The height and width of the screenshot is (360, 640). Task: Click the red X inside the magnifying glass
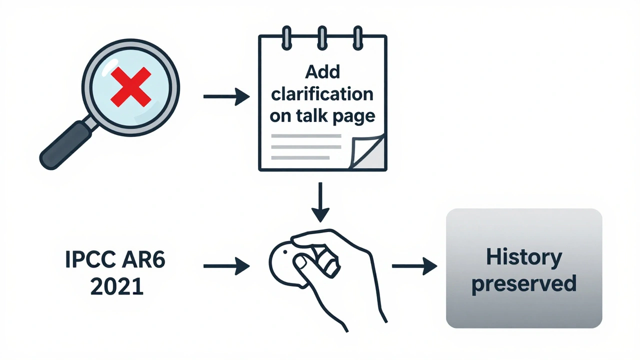pyautogui.click(x=130, y=87)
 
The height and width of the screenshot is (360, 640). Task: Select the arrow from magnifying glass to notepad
pyautogui.click(x=226, y=96)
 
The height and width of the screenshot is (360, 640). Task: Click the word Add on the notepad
pyautogui.click(x=322, y=72)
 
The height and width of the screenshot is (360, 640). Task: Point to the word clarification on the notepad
pyautogui.click(x=322, y=93)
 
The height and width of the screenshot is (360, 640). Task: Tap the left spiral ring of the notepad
pyautogui.click(x=287, y=36)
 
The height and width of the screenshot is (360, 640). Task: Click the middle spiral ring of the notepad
pyautogui.click(x=322, y=36)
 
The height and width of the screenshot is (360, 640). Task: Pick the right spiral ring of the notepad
pyautogui.click(x=357, y=36)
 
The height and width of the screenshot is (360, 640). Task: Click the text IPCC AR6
pyautogui.click(x=115, y=261)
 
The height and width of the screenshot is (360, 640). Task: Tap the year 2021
pyautogui.click(x=116, y=286)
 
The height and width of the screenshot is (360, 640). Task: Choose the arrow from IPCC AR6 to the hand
pyautogui.click(x=226, y=266)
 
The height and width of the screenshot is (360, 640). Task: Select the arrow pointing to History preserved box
pyautogui.click(x=414, y=266)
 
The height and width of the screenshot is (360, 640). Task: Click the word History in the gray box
pyautogui.click(x=524, y=257)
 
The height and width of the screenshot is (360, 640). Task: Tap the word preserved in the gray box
pyautogui.click(x=524, y=283)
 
